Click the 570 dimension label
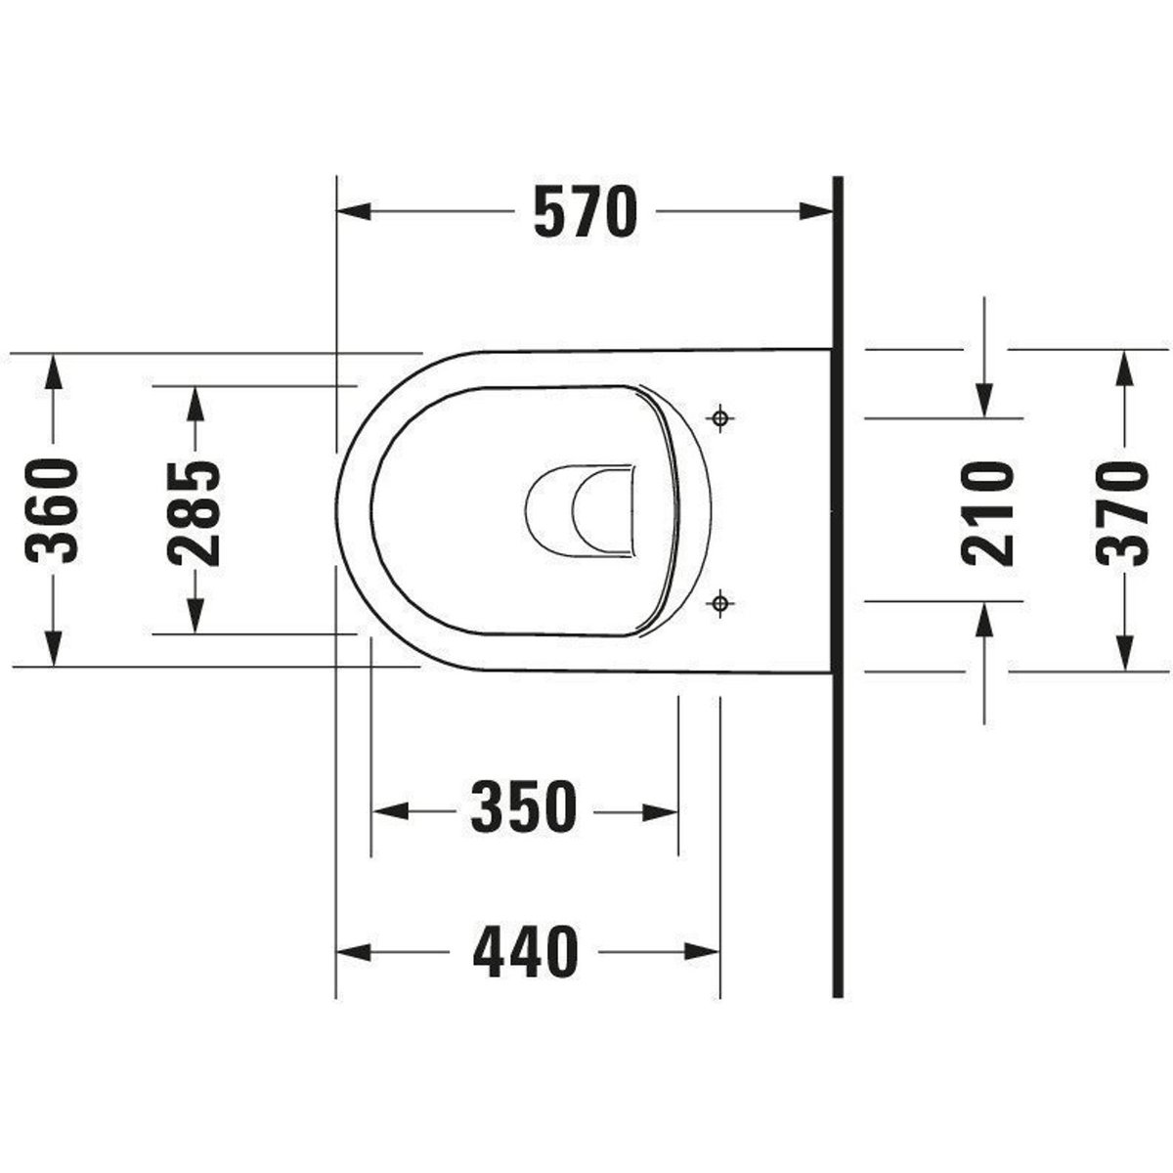coord(586,212)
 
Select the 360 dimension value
coord(53,511)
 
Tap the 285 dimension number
coord(195,514)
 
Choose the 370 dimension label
coord(1122,512)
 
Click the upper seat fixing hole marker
coord(720,418)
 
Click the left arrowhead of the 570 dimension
coord(354,212)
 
